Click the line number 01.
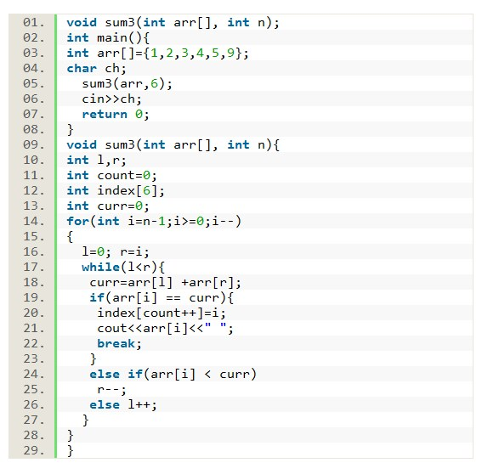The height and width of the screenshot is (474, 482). coord(34,23)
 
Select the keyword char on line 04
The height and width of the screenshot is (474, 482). coord(82,69)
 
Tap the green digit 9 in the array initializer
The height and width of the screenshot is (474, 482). coord(230,54)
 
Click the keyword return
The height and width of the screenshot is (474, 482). coord(105,115)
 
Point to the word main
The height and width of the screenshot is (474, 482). coord(112,38)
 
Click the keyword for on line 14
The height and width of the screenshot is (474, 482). coord(77,221)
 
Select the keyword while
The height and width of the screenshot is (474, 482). coord(101,267)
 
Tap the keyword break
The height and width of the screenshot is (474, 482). coord(116,343)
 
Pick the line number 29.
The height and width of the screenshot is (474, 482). coord(34,450)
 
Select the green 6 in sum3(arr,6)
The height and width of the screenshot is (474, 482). coord(154,84)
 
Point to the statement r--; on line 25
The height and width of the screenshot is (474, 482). coord(111,390)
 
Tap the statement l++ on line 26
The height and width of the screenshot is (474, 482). coord(139,404)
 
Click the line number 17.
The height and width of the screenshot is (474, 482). coord(34,267)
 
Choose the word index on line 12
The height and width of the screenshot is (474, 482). coord(116,191)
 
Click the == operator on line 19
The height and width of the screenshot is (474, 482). coord(173,298)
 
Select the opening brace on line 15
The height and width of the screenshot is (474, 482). coord(70,237)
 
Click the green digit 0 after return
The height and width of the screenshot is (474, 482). coord(139,115)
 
